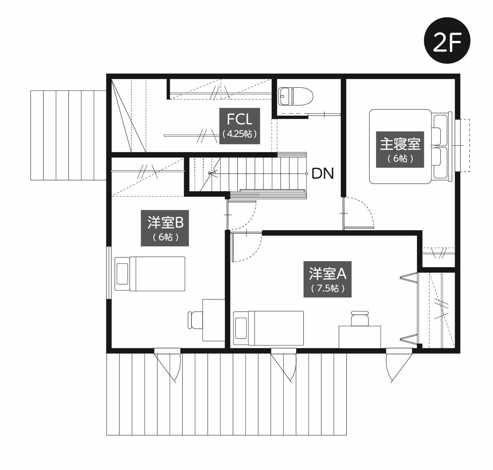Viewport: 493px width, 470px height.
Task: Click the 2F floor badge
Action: [x=447, y=41]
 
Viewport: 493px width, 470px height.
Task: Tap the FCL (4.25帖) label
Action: [x=239, y=126]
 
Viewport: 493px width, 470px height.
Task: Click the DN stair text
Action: [x=323, y=173]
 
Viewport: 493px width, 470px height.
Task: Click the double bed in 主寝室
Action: [x=411, y=147]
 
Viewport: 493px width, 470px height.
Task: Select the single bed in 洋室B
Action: [x=150, y=274]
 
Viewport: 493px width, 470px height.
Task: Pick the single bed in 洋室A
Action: [x=268, y=328]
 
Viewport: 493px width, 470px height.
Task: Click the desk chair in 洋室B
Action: [x=195, y=320]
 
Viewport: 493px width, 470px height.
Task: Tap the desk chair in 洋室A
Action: [x=359, y=318]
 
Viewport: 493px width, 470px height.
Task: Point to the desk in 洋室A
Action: [x=360, y=337]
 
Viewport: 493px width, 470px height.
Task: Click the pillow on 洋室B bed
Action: [x=122, y=274]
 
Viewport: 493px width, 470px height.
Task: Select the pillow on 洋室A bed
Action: [x=241, y=328]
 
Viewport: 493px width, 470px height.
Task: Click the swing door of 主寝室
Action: [x=358, y=212]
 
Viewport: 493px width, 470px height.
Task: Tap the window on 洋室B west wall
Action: [x=109, y=273]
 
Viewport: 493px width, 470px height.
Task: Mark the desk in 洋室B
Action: [x=214, y=320]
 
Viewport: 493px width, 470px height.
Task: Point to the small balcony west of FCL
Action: [x=68, y=135]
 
